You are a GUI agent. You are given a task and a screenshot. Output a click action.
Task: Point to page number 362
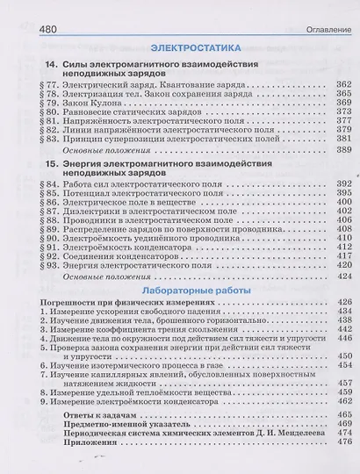[x=343, y=82]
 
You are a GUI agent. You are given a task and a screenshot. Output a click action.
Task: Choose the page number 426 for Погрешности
[x=343, y=301]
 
